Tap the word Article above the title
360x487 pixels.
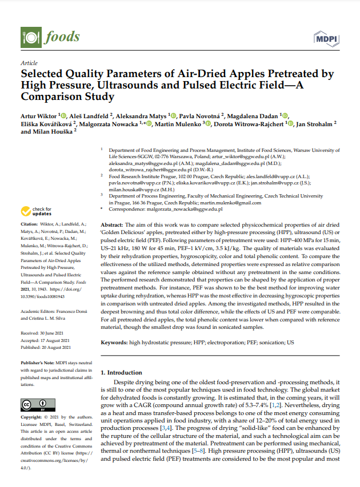[x=29, y=63]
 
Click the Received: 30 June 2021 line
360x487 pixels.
[x=45, y=331]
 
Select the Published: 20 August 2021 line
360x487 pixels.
[x=46, y=347]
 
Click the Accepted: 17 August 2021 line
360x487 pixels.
[x=46, y=339]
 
